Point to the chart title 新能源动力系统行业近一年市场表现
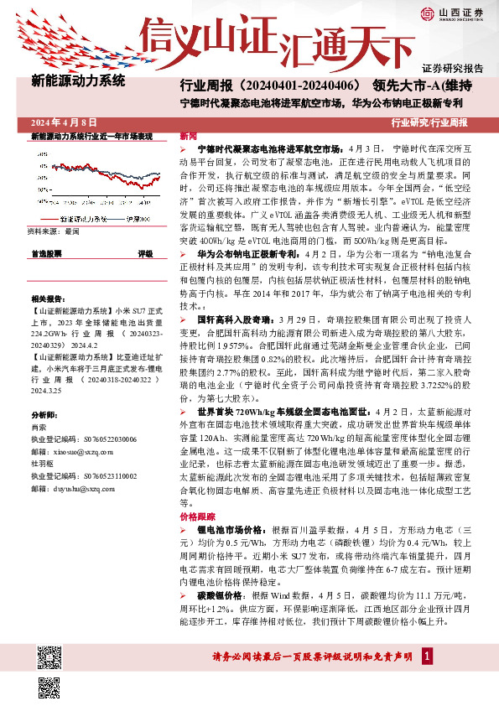(91, 136)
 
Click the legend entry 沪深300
(133, 219)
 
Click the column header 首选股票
(46, 252)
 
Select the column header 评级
(146, 252)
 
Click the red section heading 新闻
(189, 136)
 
